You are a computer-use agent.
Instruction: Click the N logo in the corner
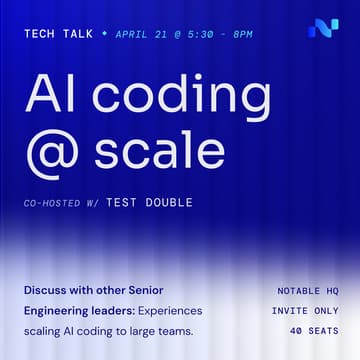click(323, 28)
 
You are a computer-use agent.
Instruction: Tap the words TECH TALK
click(58, 33)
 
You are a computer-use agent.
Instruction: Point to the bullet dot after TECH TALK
click(103, 33)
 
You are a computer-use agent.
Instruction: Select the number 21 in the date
click(161, 33)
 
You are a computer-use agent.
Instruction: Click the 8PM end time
click(241, 33)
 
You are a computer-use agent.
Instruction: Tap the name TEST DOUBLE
click(149, 203)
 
